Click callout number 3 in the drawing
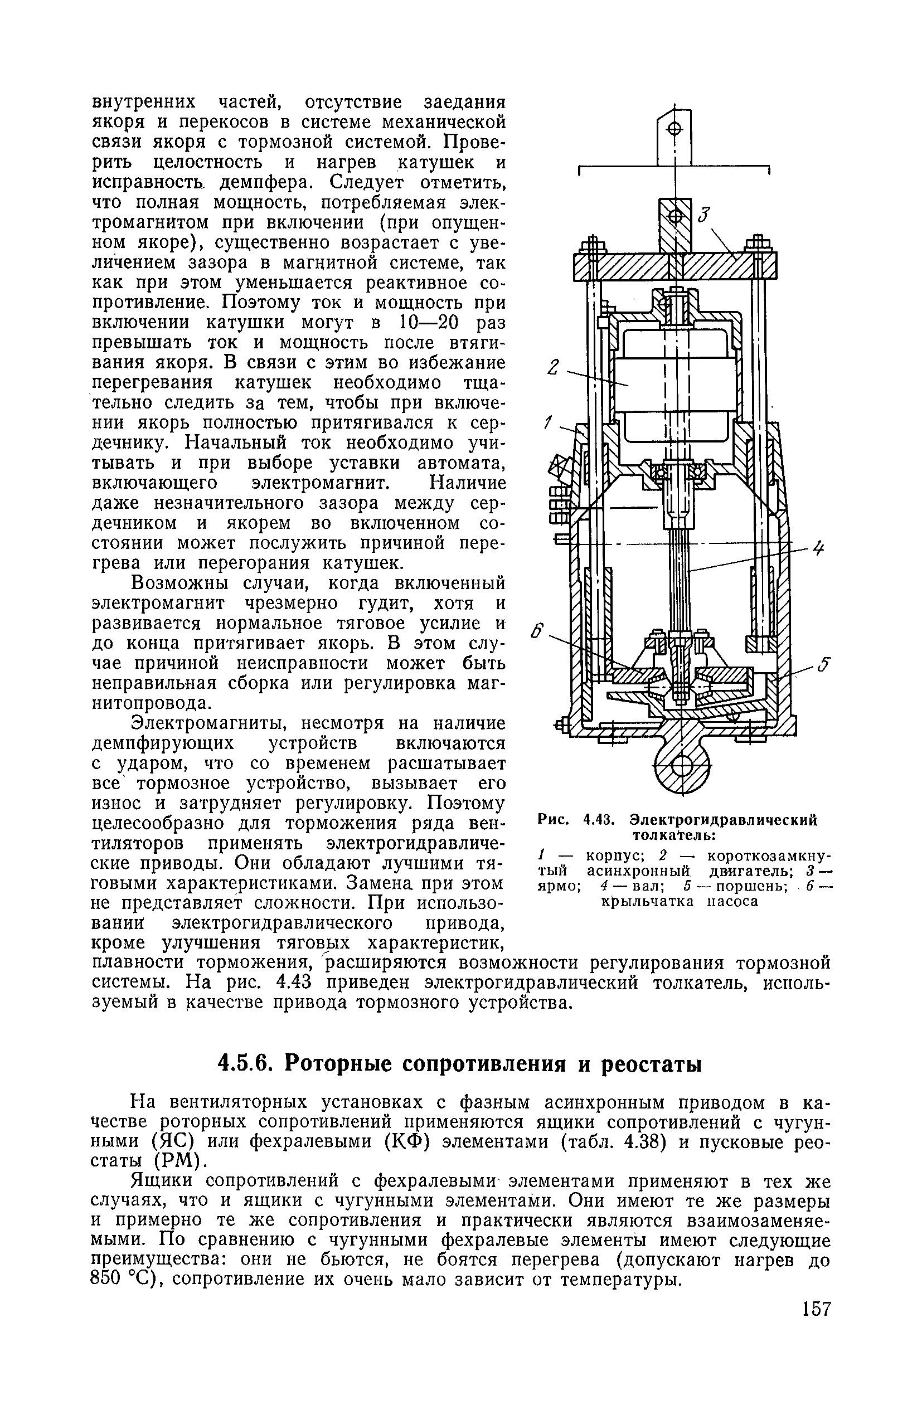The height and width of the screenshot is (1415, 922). (705, 213)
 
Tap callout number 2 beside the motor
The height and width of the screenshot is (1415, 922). (553, 368)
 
